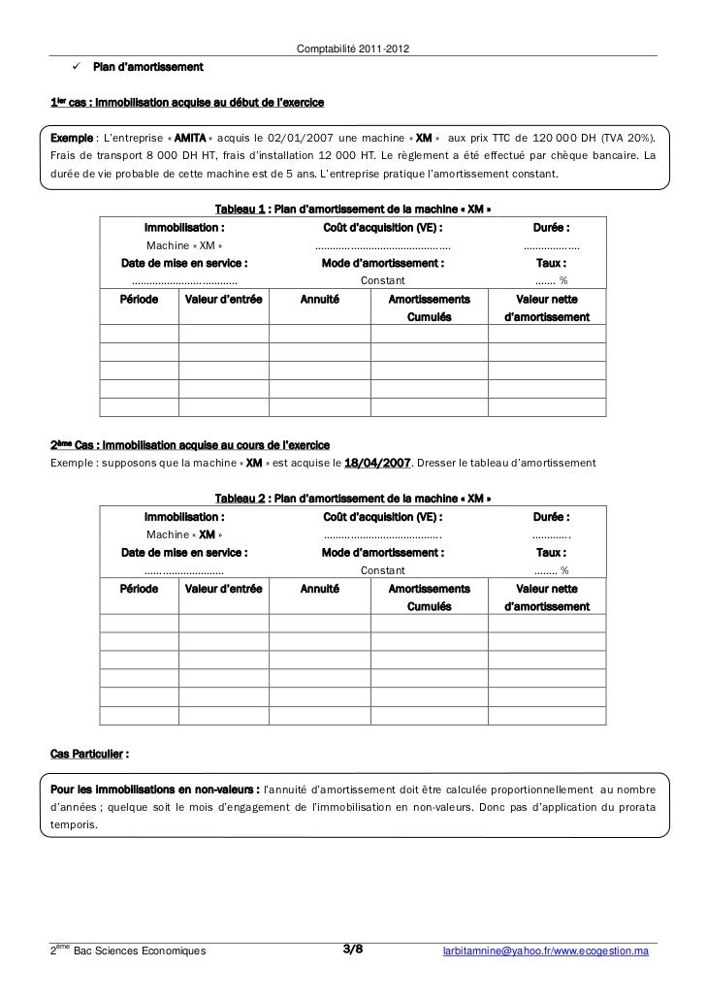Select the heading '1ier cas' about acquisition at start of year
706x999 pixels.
187,102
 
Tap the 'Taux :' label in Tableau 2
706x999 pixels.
551,552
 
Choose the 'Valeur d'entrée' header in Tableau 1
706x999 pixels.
223,301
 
